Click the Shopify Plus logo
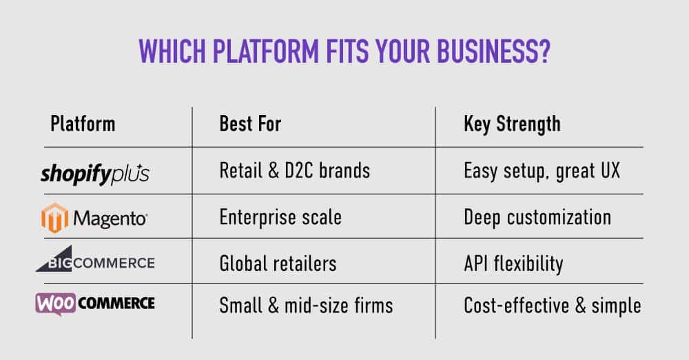95,174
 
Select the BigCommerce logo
95,261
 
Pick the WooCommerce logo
95,303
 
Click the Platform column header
83,125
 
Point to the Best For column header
250,125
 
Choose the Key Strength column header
512,125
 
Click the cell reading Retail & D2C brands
294,170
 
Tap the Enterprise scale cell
280,218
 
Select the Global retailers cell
278,263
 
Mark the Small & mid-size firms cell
305,305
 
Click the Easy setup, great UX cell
542,171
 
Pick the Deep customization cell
537,218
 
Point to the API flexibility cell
513,263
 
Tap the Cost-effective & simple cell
553,305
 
